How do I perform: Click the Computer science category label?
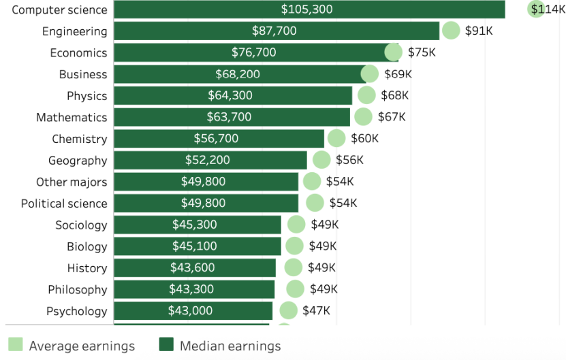click(x=59, y=10)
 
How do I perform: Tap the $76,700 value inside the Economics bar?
click(x=253, y=52)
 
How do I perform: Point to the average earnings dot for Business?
click(x=369, y=74)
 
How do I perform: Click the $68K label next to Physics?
click(x=394, y=95)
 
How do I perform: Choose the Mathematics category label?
click(x=72, y=117)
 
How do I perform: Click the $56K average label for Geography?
click(x=349, y=160)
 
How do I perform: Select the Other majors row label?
click(x=72, y=182)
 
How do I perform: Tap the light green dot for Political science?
click(x=315, y=203)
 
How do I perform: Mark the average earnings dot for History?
click(x=294, y=267)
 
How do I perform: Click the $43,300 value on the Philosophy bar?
click(x=191, y=289)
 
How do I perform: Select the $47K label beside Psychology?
click(x=316, y=311)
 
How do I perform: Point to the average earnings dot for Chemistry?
click(x=336, y=139)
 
